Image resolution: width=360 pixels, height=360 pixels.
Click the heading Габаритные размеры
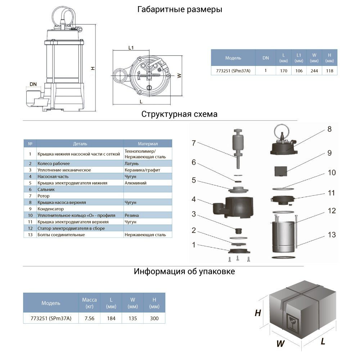coord(180,10)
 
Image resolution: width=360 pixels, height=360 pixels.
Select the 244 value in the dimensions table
coord(314,71)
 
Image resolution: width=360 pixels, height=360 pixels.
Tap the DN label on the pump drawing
coord(33,84)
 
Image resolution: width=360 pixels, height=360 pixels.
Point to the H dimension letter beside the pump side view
coord(93,68)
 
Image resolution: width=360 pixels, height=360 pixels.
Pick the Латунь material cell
coord(131,163)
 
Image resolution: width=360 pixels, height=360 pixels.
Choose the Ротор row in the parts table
coord(44,196)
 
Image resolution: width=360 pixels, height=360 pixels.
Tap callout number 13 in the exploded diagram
coord(332,235)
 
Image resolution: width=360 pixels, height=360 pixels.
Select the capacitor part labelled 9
coord(282,171)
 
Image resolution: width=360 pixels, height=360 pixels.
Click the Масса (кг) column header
coord(89,303)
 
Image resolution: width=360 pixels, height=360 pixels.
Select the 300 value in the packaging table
coord(154,318)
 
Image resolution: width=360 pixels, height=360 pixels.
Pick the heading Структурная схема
coord(179,114)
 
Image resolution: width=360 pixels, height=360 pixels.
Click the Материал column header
coord(148,144)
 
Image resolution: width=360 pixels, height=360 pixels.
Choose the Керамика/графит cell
coord(142,170)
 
